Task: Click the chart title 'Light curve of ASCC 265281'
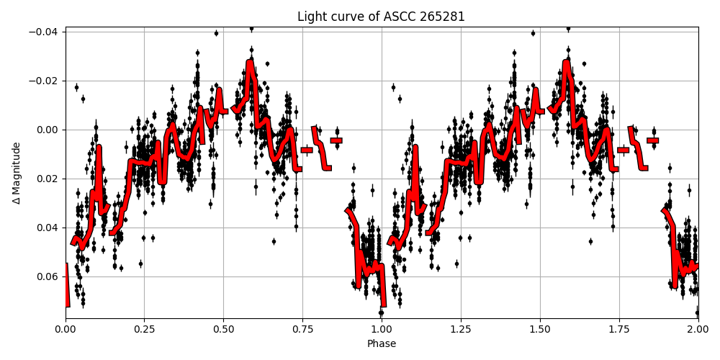point(382,17)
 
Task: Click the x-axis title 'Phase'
point(382,344)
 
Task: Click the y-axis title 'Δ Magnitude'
point(17,173)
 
